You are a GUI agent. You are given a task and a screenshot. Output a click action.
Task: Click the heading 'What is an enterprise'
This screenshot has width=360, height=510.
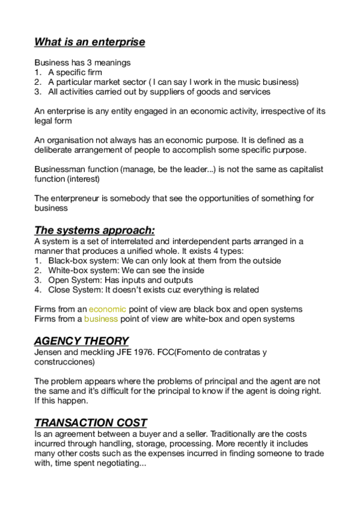pyautogui.click(x=90, y=41)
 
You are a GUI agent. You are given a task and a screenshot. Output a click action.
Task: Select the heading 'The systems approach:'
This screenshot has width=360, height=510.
pyautogui.click(x=94, y=230)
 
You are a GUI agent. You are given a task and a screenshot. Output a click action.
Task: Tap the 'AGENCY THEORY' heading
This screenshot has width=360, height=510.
pyautogui.click(x=81, y=340)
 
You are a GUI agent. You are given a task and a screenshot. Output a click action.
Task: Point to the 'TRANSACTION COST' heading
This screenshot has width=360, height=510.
pyautogui.click(x=91, y=422)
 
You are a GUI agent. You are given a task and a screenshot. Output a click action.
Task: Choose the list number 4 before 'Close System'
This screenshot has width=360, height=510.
pyautogui.click(x=37, y=290)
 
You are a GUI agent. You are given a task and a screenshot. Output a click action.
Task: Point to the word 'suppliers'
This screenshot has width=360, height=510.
pyautogui.click(x=172, y=91)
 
